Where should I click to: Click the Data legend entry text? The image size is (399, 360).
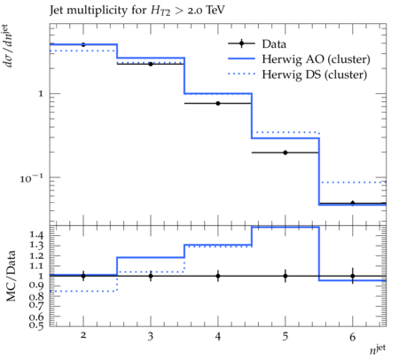coord(274,44)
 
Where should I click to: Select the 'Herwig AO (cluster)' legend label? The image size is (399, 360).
coord(316,59)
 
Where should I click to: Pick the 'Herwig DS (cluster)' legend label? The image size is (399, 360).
coord(315,74)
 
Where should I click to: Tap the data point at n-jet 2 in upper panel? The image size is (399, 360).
coord(83,44)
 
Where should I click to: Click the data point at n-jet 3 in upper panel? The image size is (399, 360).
coord(151,64)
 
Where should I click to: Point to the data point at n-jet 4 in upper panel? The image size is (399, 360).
coord(218,103)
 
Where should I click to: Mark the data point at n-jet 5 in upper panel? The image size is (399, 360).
coord(286,153)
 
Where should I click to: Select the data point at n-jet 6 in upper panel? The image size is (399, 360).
coord(353,203)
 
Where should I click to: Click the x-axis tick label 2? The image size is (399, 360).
coord(83,335)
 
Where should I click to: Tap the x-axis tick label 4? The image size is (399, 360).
coord(218,336)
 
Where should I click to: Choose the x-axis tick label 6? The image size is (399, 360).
coord(352,336)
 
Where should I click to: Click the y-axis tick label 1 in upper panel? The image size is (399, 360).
coord(41,94)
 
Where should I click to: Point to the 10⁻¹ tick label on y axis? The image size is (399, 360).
coord(31,178)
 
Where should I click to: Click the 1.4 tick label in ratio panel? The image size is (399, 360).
coord(36,235)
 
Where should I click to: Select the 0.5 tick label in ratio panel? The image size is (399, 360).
coord(36,325)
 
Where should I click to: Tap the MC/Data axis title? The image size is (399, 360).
coord(12,276)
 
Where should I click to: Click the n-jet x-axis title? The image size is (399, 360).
coord(378,348)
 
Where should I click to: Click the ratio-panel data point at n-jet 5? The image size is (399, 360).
coord(286,276)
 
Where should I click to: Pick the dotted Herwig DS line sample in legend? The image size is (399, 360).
coord(241,74)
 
